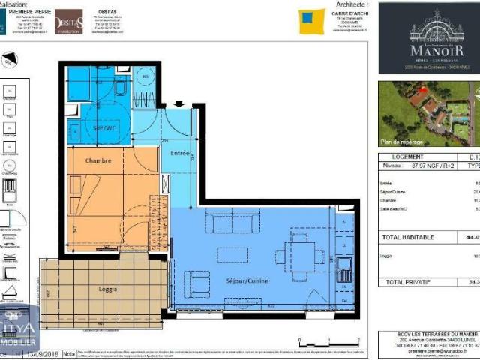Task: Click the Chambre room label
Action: [98, 160]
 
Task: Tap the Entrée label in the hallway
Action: [180, 153]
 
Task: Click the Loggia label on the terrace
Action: [109, 289]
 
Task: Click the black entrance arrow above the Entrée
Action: [178, 104]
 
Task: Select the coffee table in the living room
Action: [232, 255]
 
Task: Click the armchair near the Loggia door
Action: [197, 284]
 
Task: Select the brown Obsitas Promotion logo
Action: [69, 22]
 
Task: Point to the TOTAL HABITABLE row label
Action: [408, 237]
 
